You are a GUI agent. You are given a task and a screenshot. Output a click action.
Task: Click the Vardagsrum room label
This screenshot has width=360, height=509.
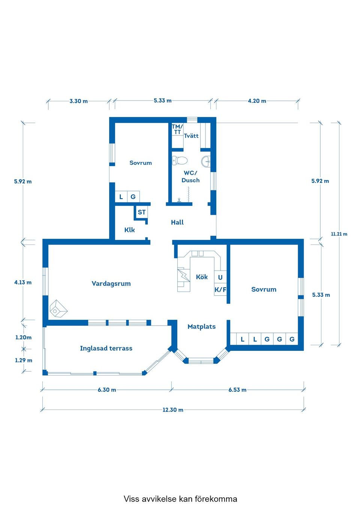(x=111, y=284)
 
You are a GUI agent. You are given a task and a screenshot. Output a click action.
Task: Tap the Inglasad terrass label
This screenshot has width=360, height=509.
(x=106, y=348)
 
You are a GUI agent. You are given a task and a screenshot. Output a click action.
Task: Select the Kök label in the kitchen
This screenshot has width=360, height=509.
(x=202, y=277)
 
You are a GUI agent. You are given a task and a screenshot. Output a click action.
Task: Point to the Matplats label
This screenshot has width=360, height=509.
(x=201, y=326)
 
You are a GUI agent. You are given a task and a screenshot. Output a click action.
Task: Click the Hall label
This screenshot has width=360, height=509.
(x=177, y=222)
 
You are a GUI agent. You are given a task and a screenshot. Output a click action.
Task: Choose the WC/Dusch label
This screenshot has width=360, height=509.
(x=190, y=177)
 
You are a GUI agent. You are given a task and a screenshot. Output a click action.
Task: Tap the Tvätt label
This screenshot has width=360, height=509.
(x=191, y=136)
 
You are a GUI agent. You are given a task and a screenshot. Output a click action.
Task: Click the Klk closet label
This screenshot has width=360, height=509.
(x=129, y=230)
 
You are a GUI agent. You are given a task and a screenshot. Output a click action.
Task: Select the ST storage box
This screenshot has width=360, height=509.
(x=141, y=212)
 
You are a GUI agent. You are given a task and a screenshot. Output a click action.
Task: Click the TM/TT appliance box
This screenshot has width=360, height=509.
(x=177, y=129)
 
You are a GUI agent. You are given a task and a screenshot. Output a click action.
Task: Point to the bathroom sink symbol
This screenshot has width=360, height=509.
(x=206, y=162)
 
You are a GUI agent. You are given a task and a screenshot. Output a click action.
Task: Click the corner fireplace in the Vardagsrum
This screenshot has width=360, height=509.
(x=58, y=309)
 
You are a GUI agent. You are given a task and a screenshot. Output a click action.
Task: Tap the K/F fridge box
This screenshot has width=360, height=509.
(x=220, y=289)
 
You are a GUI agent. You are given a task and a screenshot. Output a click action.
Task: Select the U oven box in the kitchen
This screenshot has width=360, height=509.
(x=220, y=277)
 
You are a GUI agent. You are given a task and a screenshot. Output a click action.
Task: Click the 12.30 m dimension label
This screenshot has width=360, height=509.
(x=173, y=410)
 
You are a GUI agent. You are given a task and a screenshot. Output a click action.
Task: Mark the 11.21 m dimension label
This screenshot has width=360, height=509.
(x=339, y=234)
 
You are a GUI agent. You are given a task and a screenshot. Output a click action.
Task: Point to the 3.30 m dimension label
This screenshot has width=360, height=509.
(x=78, y=101)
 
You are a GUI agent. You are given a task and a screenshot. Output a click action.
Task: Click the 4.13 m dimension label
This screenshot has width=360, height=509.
(x=23, y=282)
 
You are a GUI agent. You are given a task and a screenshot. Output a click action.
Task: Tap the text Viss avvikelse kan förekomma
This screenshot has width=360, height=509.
(x=180, y=499)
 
